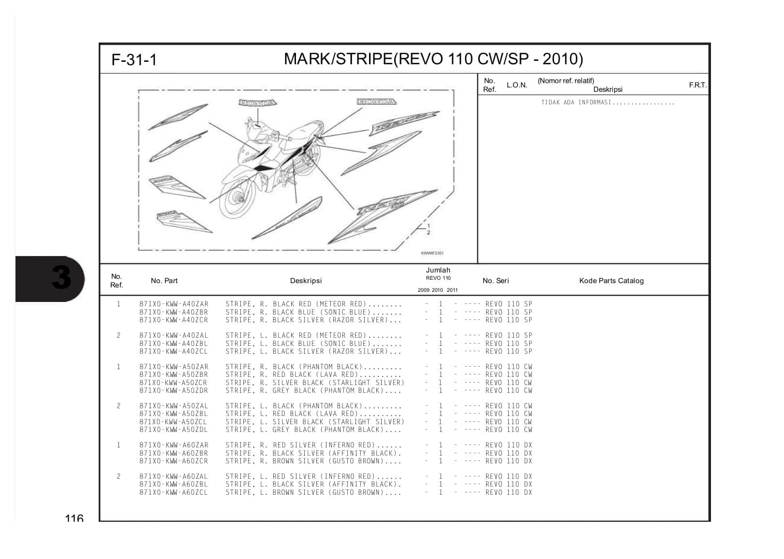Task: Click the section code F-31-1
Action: click(x=134, y=60)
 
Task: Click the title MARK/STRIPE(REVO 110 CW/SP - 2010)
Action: click(x=433, y=59)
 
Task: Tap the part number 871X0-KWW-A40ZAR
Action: click(x=174, y=304)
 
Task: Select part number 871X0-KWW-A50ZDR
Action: click(x=174, y=390)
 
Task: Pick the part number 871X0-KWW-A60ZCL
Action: click(x=174, y=492)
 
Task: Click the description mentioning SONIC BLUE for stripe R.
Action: click(x=313, y=312)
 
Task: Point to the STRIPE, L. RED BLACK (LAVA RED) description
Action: click(x=313, y=414)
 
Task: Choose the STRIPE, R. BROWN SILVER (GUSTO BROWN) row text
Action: click(x=313, y=461)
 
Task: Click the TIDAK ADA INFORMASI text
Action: click(x=607, y=102)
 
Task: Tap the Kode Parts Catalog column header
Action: click(x=611, y=281)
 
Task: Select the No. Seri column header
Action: click(x=495, y=281)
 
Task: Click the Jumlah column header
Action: click(x=438, y=270)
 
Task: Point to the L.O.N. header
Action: click(x=517, y=85)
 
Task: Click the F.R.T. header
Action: click(x=697, y=85)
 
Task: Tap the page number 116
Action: click(x=74, y=518)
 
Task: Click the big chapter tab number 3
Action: click(x=61, y=278)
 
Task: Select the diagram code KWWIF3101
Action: click(x=432, y=253)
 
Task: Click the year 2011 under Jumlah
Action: click(x=452, y=290)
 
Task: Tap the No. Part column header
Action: click(x=164, y=281)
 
